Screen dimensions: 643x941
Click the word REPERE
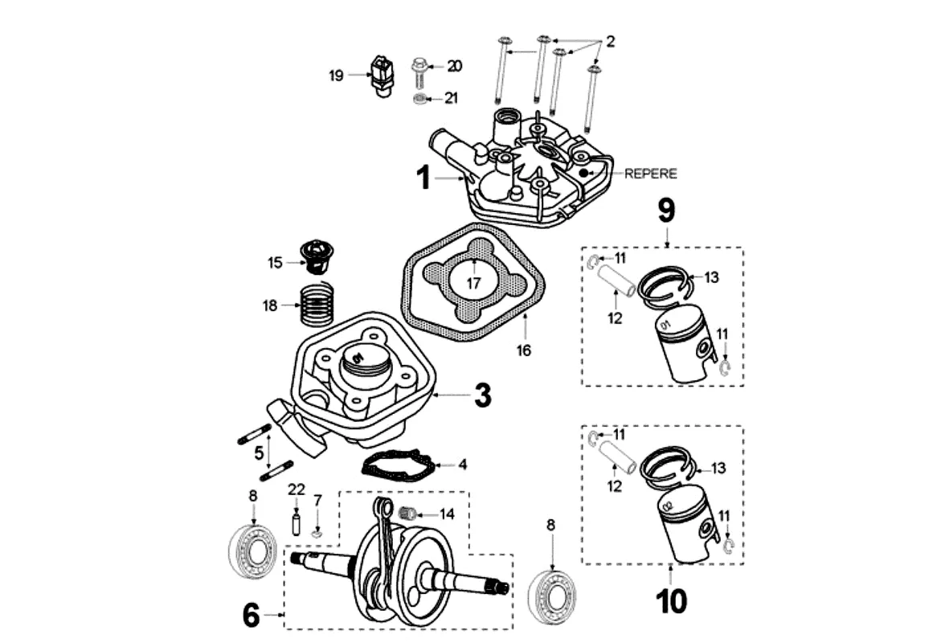click(650, 173)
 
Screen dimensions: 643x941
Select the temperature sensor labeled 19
click(380, 75)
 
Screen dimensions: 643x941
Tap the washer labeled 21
click(419, 99)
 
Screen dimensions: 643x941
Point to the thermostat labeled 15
click(316, 256)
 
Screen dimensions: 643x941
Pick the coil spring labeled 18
click(316, 305)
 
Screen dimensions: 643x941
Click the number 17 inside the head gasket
click(474, 284)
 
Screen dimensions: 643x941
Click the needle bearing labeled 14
click(409, 511)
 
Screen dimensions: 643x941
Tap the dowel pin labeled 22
click(296, 523)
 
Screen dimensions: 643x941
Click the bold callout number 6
click(251, 616)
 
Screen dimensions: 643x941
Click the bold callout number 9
click(666, 211)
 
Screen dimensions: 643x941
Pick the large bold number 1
click(423, 177)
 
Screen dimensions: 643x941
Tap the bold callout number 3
click(482, 395)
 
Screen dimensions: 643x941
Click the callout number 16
click(525, 350)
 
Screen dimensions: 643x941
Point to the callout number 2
click(610, 41)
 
